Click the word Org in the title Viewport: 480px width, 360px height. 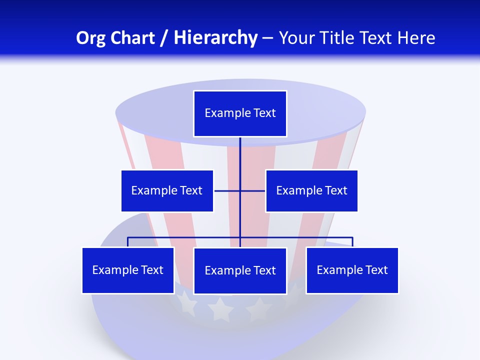pos(90,38)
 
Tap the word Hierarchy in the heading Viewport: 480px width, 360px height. pos(215,38)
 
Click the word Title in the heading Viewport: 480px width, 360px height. pos(340,38)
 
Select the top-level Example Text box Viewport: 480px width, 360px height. pos(240,113)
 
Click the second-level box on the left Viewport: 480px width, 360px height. pos(167,191)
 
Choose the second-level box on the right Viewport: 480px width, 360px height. pos(311,191)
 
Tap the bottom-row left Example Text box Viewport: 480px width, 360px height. pos(128,270)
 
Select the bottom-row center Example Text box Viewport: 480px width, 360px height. pos(240,271)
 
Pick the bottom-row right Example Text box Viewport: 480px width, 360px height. pos(352,270)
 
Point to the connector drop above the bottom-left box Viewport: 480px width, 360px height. pos(128,242)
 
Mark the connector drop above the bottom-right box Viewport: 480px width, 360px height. pos(352,242)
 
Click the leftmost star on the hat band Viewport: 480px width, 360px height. pos(186,302)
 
